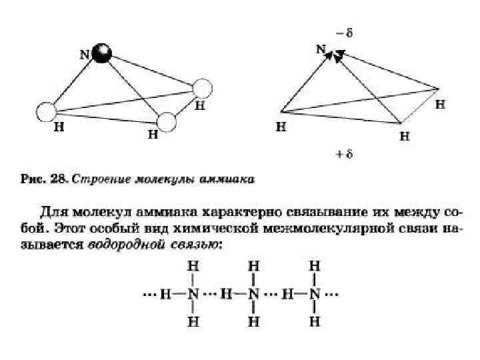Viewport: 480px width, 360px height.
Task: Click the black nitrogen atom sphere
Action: click(101, 54)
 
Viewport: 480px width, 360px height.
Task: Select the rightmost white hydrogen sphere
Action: click(202, 89)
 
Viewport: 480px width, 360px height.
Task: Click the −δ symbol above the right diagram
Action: click(344, 31)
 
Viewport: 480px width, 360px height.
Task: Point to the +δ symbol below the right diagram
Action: click(344, 154)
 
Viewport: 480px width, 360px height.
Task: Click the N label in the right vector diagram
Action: click(321, 49)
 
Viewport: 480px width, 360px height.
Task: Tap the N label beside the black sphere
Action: click(85, 54)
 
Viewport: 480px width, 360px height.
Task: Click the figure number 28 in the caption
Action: click(58, 179)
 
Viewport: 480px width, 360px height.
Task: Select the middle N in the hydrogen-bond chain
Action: click(254, 294)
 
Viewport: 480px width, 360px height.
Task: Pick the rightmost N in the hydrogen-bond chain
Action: click(315, 294)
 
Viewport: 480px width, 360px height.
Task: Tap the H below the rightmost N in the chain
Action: click(315, 322)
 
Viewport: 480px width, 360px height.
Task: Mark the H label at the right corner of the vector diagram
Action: click(441, 105)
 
